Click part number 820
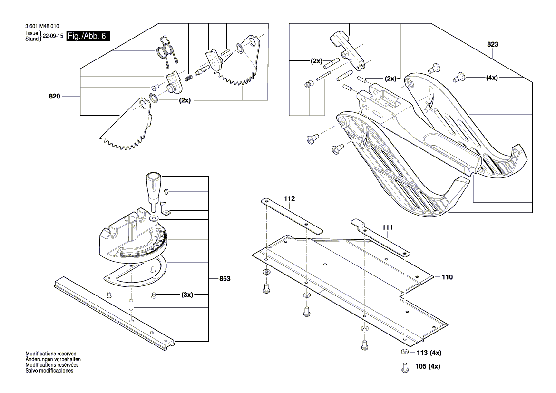[x=55, y=97]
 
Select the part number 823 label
[x=492, y=44]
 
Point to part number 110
[x=447, y=276]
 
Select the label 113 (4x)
[x=429, y=353]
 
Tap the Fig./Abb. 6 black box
[x=88, y=36]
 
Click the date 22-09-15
[x=53, y=36]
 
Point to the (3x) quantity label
[x=186, y=295]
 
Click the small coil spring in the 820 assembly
[x=189, y=76]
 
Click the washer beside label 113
[x=404, y=353]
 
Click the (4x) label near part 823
[x=492, y=77]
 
